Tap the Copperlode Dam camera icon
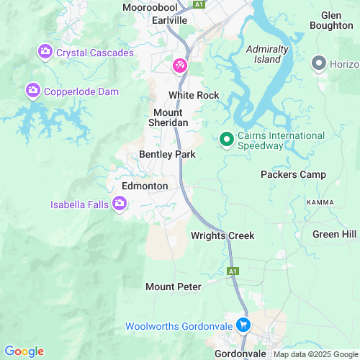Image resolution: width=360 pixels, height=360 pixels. click(x=32, y=91)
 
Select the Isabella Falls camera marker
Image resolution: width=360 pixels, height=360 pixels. click(x=120, y=204)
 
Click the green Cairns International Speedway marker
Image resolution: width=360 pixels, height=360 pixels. click(x=226, y=139)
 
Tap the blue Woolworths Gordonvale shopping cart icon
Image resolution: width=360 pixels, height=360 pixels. click(x=243, y=326)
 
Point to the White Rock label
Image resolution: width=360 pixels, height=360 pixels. click(x=193, y=95)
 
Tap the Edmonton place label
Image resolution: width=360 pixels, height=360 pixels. click(x=145, y=186)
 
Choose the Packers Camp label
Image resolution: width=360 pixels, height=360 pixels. click(x=293, y=174)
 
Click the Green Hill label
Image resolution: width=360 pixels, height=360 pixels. click(x=334, y=234)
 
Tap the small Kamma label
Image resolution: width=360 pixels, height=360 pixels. click(x=320, y=202)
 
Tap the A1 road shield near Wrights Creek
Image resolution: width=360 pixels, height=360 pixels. click(x=233, y=271)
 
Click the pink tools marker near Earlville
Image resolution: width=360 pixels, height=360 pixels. click(x=179, y=66)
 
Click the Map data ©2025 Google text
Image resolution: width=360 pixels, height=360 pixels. click(x=314, y=354)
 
